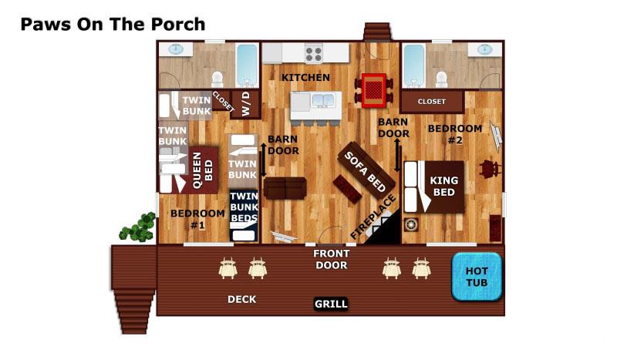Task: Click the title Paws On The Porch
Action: (113, 24)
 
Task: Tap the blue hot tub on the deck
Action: (476, 277)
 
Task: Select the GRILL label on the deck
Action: (331, 304)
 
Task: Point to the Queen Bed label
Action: (202, 170)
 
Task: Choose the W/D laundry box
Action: (245, 103)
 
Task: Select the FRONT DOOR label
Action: (331, 259)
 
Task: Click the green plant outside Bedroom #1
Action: (138, 227)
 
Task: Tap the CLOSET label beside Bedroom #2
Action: (431, 102)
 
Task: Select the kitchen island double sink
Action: (322, 100)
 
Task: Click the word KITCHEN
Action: (305, 78)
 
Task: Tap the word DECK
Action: (241, 299)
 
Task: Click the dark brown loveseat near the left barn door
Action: (285, 187)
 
